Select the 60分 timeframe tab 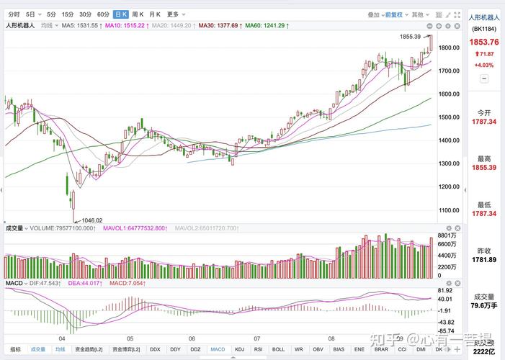click(x=103, y=14)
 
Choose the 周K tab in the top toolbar click(x=138, y=14)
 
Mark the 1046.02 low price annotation click(x=91, y=220)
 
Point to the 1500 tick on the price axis click(x=449, y=117)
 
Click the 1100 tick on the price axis click(x=449, y=210)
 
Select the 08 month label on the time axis click(x=331, y=338)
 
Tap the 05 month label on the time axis click(x=130, y=338)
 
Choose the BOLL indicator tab click(x=277, y=349)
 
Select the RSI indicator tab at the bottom click(x=259, y=349)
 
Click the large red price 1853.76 click(x=484, y=42)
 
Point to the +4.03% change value click(x=483, y=65)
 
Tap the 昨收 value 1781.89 click(x=484, y=259)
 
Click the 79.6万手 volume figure click(x=484, y=305)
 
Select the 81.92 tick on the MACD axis click(x=445, y=290)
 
